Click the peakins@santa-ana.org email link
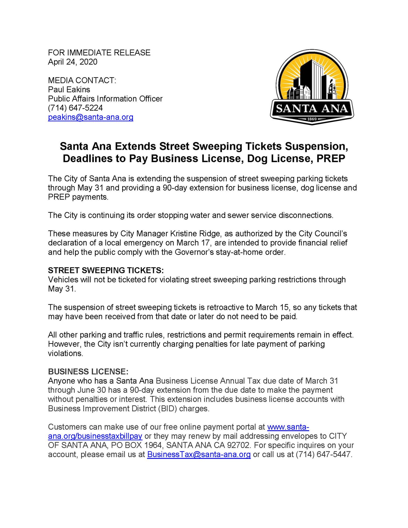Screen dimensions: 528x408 (x=90, y=117)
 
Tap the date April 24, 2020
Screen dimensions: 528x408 (x=73, y=62)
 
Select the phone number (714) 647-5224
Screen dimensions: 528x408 (x=75, y=108)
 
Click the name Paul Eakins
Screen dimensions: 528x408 (x=69, y=89)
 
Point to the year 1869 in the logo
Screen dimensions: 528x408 (x=312, y=119)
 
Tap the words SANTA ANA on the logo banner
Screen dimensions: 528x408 (x=312, y=109)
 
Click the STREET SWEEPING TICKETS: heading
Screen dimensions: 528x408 (x=106, y=270)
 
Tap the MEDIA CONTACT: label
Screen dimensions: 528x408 (x=82, y=80)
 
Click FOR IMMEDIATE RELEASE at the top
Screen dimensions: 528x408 (x=99, y=53)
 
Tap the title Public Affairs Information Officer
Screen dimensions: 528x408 (x=105, y=99)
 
